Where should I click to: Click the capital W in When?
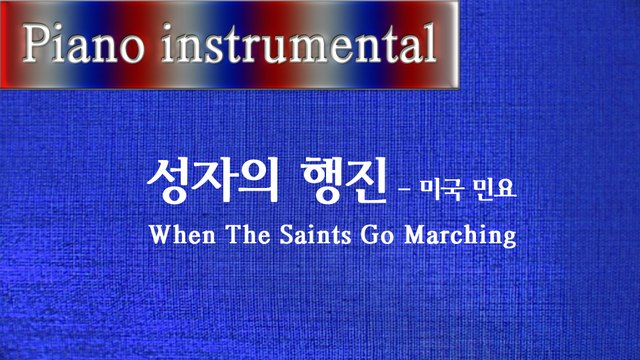[x=160, y=236]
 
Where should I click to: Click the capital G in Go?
[x=381, y=236]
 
